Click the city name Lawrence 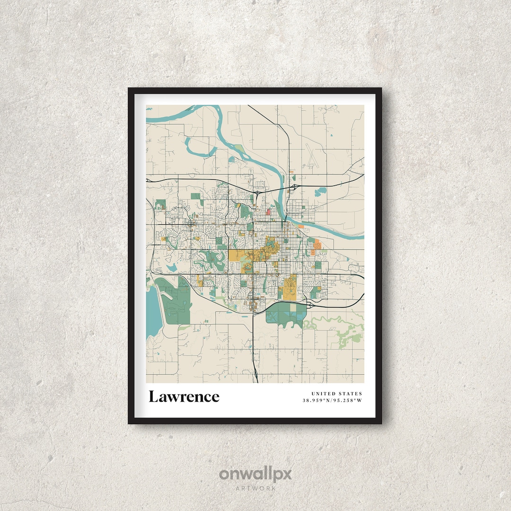[x=184, y=396]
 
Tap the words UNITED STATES [x=336, y=394]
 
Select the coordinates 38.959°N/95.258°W [x=332, y=401]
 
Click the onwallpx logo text [x=255, y=474]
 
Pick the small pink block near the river [x=269, y=211]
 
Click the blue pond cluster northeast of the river [x=321, y=192]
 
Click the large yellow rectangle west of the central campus [x=239, y=255]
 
